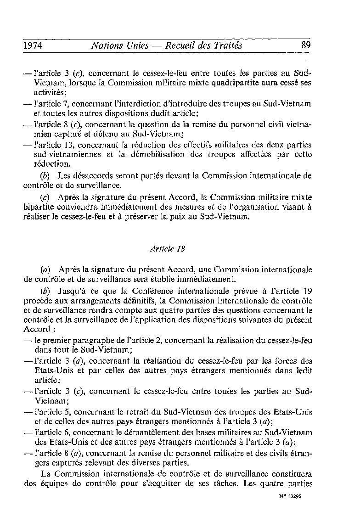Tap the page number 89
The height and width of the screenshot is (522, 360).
pyautogui.click(x=306, y=45)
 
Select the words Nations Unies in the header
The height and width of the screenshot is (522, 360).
pyautogui.click(x=120, y=45)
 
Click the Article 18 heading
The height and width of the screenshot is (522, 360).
pyautogui.click(x=164, y=249)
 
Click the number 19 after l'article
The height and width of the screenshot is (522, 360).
pyautogui.click(x=308, y=291)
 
